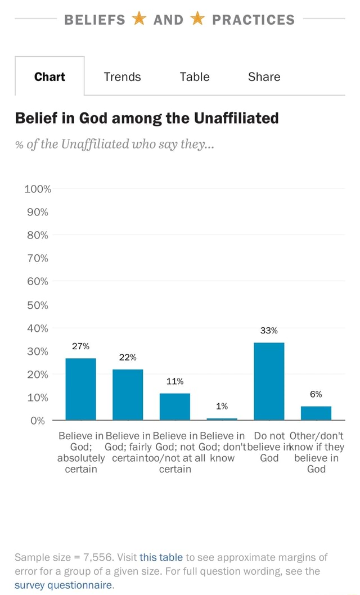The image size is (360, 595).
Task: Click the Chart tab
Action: pyautogui.click(x=49, y=76)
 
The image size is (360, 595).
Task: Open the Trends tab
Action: pyautogui.click(x=122, y=76)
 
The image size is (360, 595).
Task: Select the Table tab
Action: pyautogui.click(x=194, y=76)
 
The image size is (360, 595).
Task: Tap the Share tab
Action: pyautogui.click(x=264, y=76)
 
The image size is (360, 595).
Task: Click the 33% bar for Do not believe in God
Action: pyautogui.click(x=269, y=381)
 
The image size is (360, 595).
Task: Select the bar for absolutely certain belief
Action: pyautogui.click(x=80, y=389)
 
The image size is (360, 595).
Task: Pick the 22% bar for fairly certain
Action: pyautogui.click(x=128, y=394)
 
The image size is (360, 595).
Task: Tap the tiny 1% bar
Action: pyautogui.click(x=222, y=419)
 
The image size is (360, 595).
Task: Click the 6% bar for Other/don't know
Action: pyautogui.click(x=316, y=413)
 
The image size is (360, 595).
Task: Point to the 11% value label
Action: pyautogui.click(x=175, y=382)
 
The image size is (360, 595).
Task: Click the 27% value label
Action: pyautogui.click(x=81, y=346)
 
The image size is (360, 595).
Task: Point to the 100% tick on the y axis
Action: pyautogui.click(x=38, y=189)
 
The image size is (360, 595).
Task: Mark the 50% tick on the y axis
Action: pyautogui.click(x=38, y=305)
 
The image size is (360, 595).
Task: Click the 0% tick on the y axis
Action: pyautogui.click(x=38, y=421)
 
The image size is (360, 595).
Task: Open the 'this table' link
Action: pyautogui.click(x=161, y=557)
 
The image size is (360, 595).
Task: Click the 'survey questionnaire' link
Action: pyautogui.click(x=62, y=584)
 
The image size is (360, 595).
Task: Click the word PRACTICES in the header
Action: pyautogui.click(x=253, y=20)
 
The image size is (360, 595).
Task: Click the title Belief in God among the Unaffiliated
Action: pyautogui.click(x=147, y=118)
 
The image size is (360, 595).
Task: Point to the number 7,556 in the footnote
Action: pyautogui.click(x=98, y=557)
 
